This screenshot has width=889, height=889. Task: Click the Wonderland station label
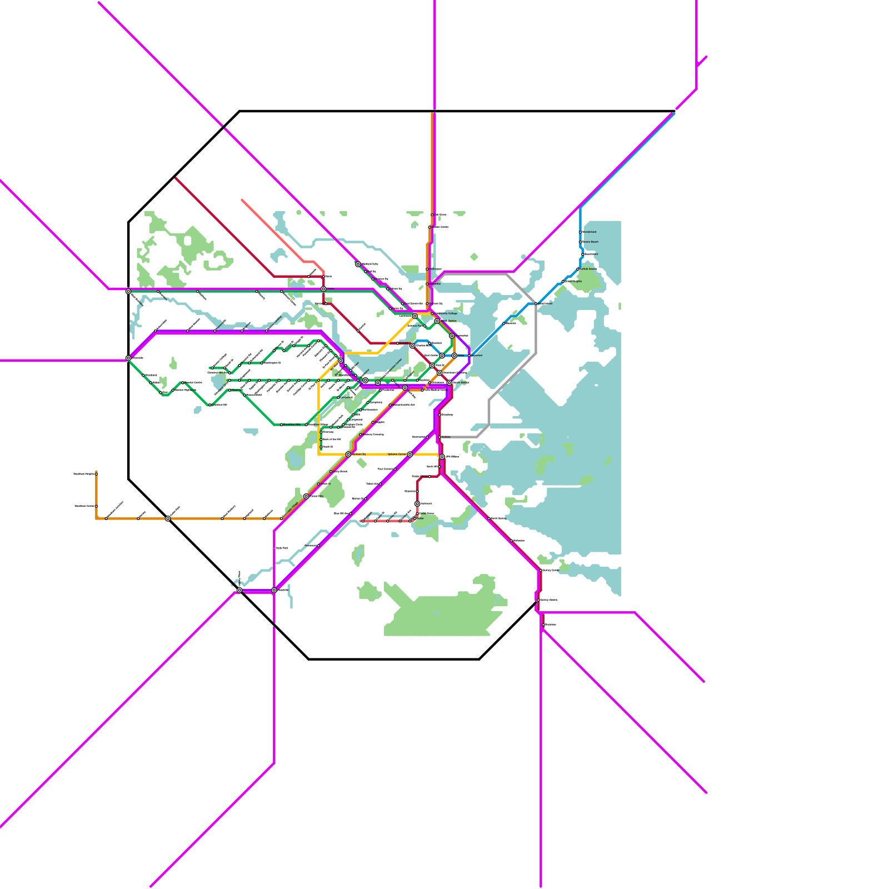[589, 232]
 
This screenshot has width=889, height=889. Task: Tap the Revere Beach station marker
[580, 242]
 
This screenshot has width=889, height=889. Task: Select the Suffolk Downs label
[588, 269]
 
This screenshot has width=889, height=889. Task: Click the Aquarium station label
[477, 356]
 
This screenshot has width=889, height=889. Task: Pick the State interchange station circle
[454, 356]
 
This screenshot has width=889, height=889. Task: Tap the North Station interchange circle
[437, 321]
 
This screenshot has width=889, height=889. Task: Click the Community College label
[446, 313]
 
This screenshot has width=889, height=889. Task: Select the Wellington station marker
[427, 269]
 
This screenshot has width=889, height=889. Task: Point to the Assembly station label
[434, 284]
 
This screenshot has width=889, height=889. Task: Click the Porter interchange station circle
[323, 289]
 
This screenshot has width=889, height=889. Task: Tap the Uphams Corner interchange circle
[410, 455]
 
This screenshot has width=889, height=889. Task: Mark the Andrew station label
[446, 437]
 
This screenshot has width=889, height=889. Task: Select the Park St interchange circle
[432, 366]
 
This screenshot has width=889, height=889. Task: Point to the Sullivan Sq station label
[436, 303]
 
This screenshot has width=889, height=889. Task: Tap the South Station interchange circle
[449, 383]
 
